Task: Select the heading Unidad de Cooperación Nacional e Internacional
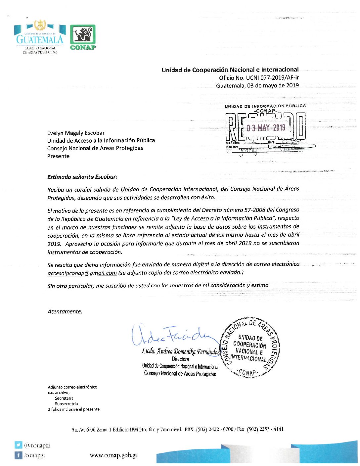(x=230, y=70)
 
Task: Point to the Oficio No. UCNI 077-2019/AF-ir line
(x=259, y=78)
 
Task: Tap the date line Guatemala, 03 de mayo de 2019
(x=257, y=86)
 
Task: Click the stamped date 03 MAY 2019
(x=266, y=128)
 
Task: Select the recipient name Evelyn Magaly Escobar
(x=76, y=133)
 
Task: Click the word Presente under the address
(x=58, y=156)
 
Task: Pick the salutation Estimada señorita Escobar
(x=82, y=177)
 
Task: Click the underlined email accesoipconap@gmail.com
(x=82, y=273)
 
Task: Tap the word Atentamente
(x=65, y=311)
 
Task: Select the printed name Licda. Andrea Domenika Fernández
(x=181, y=351)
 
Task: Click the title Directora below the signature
(x=180, y=359)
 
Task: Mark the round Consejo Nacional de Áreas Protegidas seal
(x=251, y=348)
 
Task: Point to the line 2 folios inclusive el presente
(x=73, y=409)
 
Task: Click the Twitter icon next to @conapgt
(x=19, y=445)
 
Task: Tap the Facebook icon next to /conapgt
(x=19, y=455)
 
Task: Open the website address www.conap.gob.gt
(x=113, y=455)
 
